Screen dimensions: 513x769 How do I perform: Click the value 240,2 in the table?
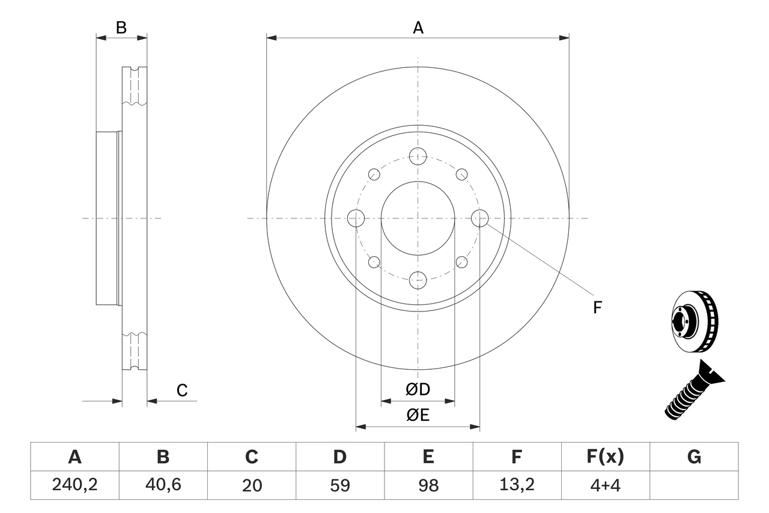(x=74, y=485)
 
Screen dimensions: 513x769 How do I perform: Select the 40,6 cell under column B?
(x=163, y=485)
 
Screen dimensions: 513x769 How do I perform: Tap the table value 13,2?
(x=516, y=485)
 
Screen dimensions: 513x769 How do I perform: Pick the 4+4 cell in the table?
(x=605, y=485)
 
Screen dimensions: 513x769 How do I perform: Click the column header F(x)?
(x=605, y=457)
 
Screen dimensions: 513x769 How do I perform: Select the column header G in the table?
(x=694, y=457)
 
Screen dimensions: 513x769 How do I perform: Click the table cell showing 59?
(x=339, y=485)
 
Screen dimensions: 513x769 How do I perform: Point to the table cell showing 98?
(x=428, y=485)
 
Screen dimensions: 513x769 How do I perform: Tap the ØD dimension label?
(x=418, y=389)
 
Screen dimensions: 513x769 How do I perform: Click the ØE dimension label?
(x=418, y=415)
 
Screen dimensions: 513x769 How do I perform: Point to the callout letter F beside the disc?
(x=597, y=308)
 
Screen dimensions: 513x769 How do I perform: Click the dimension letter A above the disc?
(x=418, y=27)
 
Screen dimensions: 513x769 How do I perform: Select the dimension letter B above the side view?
(x=121, y=27)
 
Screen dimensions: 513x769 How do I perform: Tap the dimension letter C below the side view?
(x=182, y=390)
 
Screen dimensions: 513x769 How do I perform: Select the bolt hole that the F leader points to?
(x=479, y=218)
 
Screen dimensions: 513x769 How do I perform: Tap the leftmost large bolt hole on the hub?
(x=356, y=218)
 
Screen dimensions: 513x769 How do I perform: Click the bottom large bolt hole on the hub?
(x=418, y=280)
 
